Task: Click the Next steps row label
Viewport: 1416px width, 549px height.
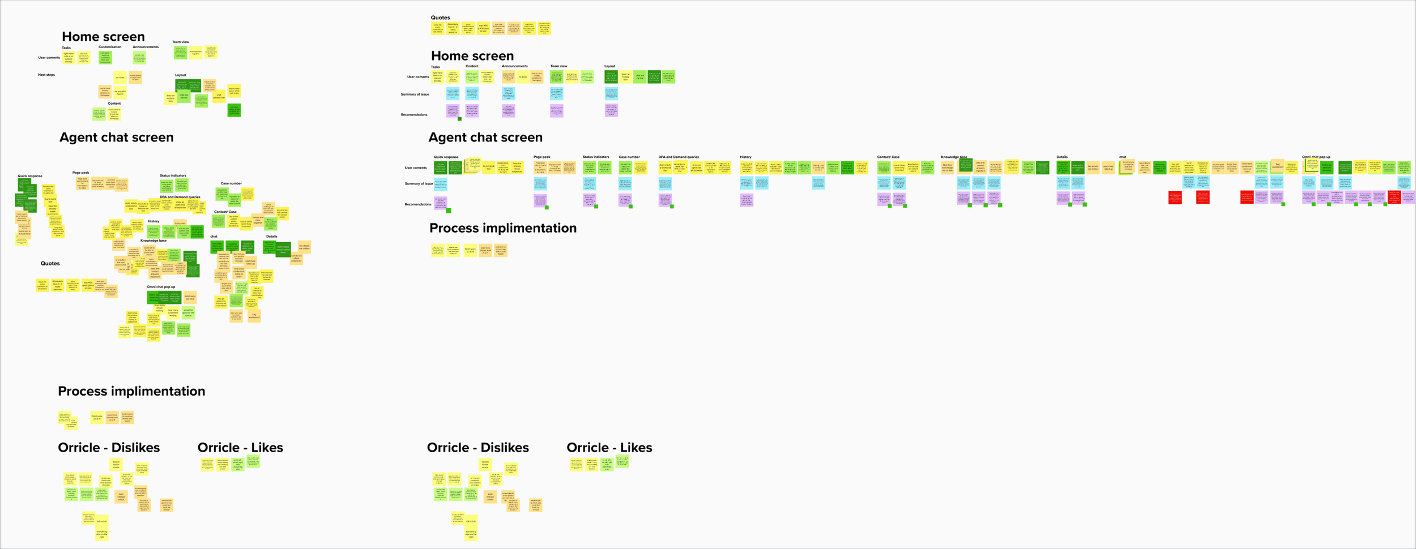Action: tap(46, 75)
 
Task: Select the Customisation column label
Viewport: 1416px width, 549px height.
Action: tap(110, 47)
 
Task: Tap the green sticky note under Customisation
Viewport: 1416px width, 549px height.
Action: tap(105, 58)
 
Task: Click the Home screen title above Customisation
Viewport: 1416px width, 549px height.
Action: tap(103, 37)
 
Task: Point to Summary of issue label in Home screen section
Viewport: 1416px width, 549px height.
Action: tap(415, 95)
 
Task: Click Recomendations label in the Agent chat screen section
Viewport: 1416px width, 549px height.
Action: tap(418, 204)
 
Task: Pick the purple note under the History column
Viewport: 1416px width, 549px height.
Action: tap(747, 200)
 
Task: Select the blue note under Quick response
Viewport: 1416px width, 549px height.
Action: tap(440, 184)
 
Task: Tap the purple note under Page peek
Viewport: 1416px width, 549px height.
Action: tap(540, 200)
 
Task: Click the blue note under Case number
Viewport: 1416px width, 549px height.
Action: tap(625, 183)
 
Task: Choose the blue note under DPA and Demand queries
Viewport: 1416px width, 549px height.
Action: tap(665, 183)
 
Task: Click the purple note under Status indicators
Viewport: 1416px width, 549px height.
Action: tap(590, 200)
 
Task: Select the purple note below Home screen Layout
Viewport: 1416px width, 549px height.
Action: tap(611, 110)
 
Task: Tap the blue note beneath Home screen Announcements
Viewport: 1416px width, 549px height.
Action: tap(509, 93)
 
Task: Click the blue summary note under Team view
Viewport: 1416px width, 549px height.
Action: tap(557, 93)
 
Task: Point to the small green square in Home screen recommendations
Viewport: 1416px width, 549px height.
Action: tap(459, 119)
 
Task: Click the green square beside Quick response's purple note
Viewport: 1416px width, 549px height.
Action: tap(449, 211)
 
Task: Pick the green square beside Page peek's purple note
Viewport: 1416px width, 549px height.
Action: tap(547, 208)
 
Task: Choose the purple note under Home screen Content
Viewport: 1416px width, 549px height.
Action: tap(472, 110)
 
